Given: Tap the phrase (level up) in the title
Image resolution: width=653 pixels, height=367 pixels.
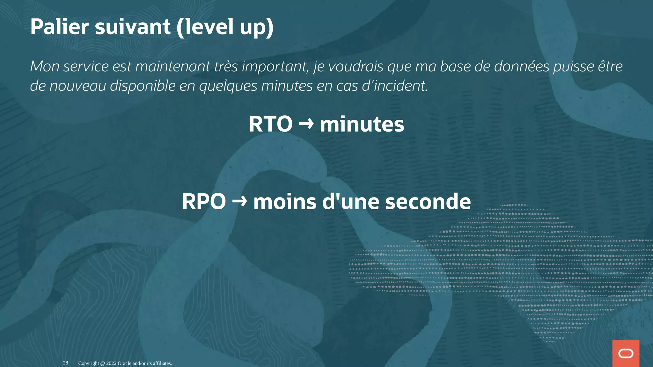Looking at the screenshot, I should click(225, 27).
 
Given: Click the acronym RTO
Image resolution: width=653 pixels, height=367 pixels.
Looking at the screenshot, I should click(270, 124).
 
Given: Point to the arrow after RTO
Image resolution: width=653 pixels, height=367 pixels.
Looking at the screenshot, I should click(306, 123).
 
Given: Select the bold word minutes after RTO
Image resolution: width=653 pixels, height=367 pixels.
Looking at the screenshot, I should click(362, 124).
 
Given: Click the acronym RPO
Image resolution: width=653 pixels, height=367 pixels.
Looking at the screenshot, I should click(204, 202).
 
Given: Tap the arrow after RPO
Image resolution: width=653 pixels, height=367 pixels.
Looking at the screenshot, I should click(239, 201).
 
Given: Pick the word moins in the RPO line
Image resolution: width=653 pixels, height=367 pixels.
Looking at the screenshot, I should click(284, 202).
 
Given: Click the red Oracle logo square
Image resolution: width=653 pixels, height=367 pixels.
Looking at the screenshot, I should click(626, 353).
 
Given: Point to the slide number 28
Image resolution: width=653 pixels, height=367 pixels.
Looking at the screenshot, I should click(65, 363).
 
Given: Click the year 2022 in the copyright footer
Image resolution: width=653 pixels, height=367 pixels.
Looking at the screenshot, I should click(111, 363).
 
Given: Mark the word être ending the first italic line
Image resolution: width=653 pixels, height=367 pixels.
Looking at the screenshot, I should click(610, 66).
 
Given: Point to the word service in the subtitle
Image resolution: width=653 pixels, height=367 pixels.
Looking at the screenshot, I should click(86, 66).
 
